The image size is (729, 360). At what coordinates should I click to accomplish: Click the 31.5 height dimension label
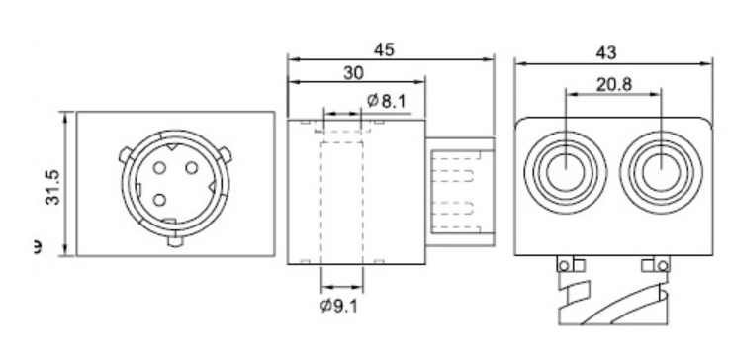tap(53, 187)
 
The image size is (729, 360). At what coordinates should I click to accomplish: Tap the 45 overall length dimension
tap(384, 49)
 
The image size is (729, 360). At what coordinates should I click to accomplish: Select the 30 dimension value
tap(354, 73)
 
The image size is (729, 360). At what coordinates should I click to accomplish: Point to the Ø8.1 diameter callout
tap(387, 101)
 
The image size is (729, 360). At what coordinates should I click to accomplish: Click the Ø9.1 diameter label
tap(339, 306)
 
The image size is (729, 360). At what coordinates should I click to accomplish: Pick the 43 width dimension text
tap(605, 52)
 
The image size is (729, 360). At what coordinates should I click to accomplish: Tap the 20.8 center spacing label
tap(614, 84)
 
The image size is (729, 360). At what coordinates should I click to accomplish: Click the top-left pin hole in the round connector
tap(159, 167)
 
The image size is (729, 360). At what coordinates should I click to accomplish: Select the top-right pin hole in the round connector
tap(192, 167)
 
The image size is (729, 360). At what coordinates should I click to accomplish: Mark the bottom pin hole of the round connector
tap(159, 200)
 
